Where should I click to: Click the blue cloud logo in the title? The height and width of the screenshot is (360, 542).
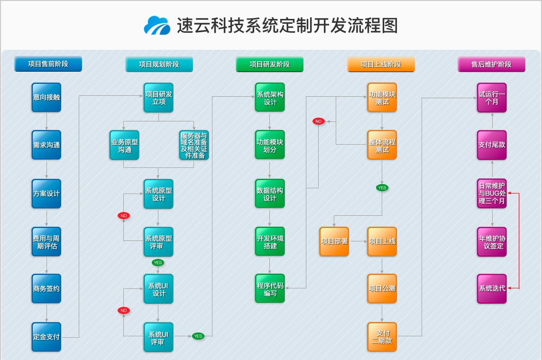click(x=157, y=26)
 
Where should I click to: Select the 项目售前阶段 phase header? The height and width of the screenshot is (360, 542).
click(x=48, y=64)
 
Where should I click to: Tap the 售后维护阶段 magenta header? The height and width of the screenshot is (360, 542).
click(x=491, y=64)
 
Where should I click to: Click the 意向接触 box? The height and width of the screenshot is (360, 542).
click(x=46, y=97)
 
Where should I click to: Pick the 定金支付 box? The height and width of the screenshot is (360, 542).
click(x=46, y=337)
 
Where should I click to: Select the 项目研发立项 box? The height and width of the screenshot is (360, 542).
click(x=158, y=98)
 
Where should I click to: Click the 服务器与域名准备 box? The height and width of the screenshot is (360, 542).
click(x=193, y=145)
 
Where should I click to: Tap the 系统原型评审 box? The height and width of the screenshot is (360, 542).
click(x=158, y=242)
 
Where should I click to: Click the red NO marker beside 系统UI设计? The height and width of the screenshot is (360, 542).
click(x=124, y=310)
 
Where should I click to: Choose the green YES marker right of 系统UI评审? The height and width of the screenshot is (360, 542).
click(x=198, y=336)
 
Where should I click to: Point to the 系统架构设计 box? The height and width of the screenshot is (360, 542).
click(x=270, y=98)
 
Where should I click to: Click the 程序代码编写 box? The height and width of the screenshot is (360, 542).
click(x=270, y=289)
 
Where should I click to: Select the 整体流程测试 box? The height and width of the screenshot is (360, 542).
click(x=382, y=145)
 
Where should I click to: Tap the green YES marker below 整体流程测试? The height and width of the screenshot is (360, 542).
click(x=382, y=187)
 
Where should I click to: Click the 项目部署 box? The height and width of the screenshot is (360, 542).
click(x=334, y=241)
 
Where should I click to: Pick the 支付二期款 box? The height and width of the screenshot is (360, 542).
click(x=382, y=337)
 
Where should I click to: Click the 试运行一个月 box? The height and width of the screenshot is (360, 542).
click(x=492, y=98)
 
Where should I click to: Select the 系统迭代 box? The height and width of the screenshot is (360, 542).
click(x=492, y=288)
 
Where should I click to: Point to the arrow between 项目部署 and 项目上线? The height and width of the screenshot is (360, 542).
click(x=358, y=241)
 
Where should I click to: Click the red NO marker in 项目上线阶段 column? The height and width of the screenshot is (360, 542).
click(x=318, y=121)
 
